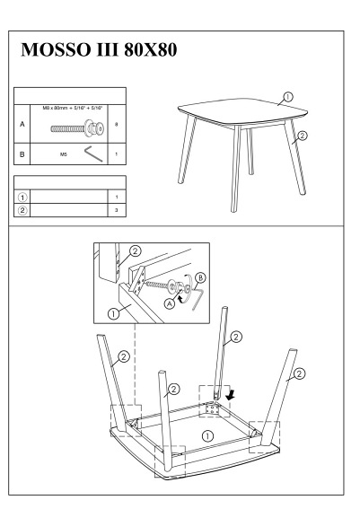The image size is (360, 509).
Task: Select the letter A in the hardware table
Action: [x=22, y=124]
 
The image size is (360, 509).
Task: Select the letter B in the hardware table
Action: [x=22, y=154]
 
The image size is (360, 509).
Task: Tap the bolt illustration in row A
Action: [x=77, y=128]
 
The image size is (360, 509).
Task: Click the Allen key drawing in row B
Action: [x=93, y=154]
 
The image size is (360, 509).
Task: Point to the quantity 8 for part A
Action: [x=116, y=124]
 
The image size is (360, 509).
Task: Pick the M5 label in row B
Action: [x=64, y=154]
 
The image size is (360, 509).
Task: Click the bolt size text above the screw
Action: [x=73, y=108]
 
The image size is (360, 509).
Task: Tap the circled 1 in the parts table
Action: [x=22, y=197]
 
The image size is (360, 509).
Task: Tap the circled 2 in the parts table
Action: [x=22, y=210]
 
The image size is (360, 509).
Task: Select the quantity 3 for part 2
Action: [x=116, y=210]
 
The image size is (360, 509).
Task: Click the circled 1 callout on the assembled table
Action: [x=288, y=97]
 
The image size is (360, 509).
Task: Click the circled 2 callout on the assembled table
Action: [x=303, y=135]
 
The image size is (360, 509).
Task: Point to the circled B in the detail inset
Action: [x=201, y=278]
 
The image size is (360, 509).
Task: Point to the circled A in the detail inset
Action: [x=169, y=303]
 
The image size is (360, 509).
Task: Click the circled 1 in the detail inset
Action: [x=114, y=313]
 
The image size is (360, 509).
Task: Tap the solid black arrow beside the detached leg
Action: [x=231, y=395]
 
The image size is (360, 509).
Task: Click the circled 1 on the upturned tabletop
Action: [x=207, y=436]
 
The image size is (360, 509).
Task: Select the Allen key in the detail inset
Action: [x=198, y=300]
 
